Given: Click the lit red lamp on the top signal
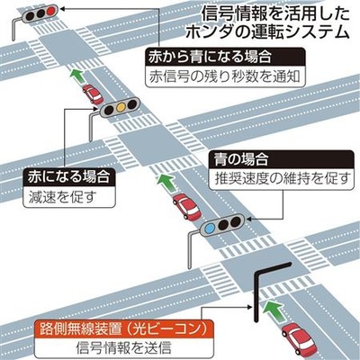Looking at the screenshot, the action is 50,11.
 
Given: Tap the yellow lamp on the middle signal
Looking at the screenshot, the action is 121,106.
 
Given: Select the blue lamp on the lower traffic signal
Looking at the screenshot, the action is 210,229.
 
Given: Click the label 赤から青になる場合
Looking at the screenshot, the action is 210,57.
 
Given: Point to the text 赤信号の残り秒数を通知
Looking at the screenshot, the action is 225,76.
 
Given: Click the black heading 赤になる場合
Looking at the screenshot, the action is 68,177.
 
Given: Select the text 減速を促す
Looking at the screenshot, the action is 63,197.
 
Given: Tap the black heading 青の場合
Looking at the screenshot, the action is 240,159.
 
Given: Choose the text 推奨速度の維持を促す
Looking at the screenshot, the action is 281,178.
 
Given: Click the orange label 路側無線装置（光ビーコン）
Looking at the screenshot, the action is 124,329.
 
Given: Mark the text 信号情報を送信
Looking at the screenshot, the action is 124,348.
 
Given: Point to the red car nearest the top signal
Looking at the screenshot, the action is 93,94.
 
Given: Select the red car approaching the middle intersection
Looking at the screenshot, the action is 186,206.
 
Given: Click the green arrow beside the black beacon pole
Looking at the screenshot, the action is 274,311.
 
